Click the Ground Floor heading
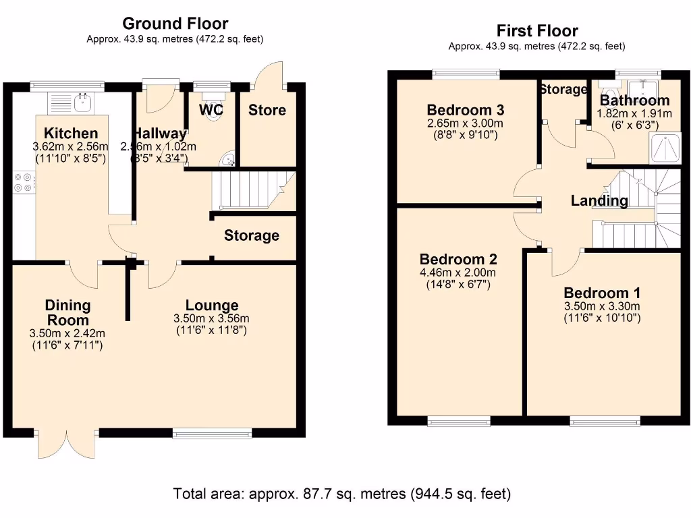pyautogui.click(x=175, y=24)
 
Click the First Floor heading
pyautogui.click(x=537, y=30)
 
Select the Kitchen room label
pyautogui.click(x=71, y=133)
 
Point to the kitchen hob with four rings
pyautogui.click(x=23, y=183)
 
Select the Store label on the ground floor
pyautogui.click(x=267, y=110)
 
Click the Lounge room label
pyautogui.click(x=212, y=306)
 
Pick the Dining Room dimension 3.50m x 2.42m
pyautogui.click(x=67, y=333)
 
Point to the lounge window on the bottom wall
pyautogui.click(x=212, y=432)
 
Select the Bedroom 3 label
pyautogui.click(x=465, y=110)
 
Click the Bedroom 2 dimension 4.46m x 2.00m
pyautogui.click(x=458, y=273)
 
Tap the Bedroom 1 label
pyautogui.click(x=602, y=293)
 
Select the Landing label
pyautogui.click(x=599, y=200)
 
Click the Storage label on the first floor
pyautogui.click(x=563, y=89)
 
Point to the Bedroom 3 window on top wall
pyautogui.click(x=466, y=74)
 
